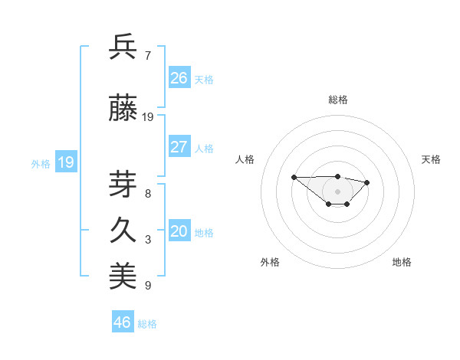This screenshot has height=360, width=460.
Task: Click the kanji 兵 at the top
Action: [x=123, y=47]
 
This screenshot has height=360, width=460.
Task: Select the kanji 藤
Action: [x=123, y=110]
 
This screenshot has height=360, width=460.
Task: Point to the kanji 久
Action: [x=123, y=231]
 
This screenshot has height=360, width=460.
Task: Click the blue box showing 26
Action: [x=179, y=78]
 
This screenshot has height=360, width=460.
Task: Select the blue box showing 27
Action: [x=179, y=147]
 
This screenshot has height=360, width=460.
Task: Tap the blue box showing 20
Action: [x=179, y=231]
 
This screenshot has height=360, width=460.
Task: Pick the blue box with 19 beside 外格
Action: [x=66, y=162]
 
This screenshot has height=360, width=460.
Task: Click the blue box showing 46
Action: [x=123, y=322]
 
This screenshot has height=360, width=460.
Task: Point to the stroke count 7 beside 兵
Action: [x=148, y=56]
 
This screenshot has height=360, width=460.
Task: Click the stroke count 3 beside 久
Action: [x=148, y=240]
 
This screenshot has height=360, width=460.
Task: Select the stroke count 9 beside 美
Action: [x=148, y=286]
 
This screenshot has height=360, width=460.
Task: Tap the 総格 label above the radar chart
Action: [x=337, y=100]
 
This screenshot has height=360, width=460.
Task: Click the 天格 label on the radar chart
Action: [x=431, y=159]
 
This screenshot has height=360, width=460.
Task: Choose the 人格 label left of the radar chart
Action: [x=245, y=159]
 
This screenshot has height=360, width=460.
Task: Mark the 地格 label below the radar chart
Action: [x=402, y=262]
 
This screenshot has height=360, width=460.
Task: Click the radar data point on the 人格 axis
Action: [x=294, y=177]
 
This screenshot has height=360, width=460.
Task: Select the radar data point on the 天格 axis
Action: [x=367, y=182]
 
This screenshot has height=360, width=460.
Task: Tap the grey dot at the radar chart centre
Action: [x=337, y=191]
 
